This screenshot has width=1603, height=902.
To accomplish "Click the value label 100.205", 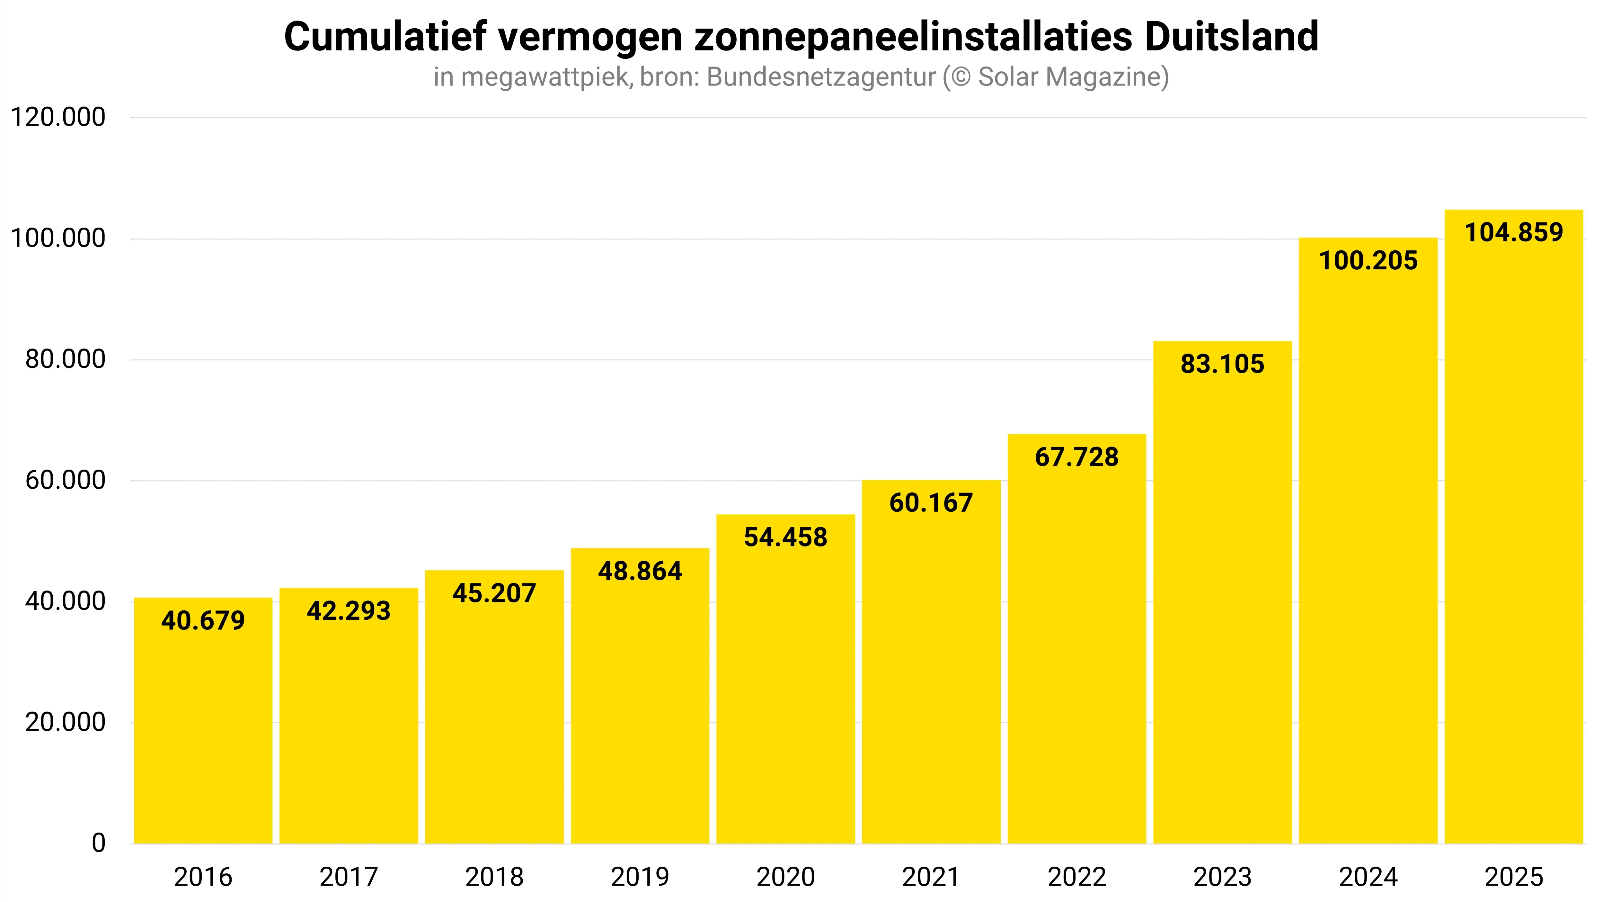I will (1368, 260).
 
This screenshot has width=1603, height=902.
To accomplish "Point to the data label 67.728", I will (1076, 457).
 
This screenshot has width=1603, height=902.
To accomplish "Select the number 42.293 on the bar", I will (349, 611).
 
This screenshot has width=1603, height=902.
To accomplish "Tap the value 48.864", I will (640, 571).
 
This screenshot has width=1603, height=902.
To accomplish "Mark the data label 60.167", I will (931, 502).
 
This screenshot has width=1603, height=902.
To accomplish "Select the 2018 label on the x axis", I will (494, 877).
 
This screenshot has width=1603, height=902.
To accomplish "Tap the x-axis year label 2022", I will (1076, 877).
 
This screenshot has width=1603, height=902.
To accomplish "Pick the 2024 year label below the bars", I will (1368, 877).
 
